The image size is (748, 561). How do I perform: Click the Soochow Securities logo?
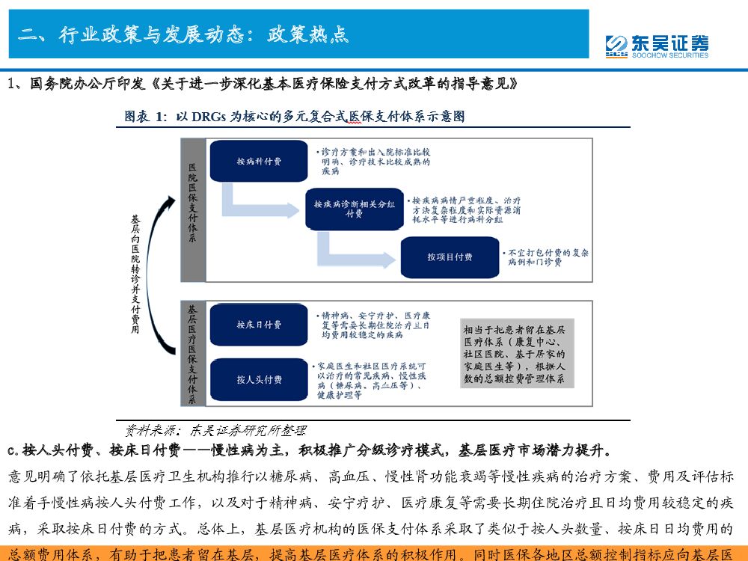[x=657, y=46]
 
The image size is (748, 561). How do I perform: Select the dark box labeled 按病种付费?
[x=259, y=161]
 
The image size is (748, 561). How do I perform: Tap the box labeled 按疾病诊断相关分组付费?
[x=354, y=209]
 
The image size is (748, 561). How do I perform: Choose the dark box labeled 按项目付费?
[x=450, y=257]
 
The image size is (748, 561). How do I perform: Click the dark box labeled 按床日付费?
[x=259, y=325]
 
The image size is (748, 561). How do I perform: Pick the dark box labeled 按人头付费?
[x=259, y=379]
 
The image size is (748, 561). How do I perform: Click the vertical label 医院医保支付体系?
[x=193, y=202]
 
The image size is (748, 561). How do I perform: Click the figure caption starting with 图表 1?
[x=294, y=117]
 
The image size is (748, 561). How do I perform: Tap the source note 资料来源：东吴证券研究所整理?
[x=215, y=430]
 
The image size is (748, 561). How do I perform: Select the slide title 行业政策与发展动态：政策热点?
[x=184, y=34]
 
